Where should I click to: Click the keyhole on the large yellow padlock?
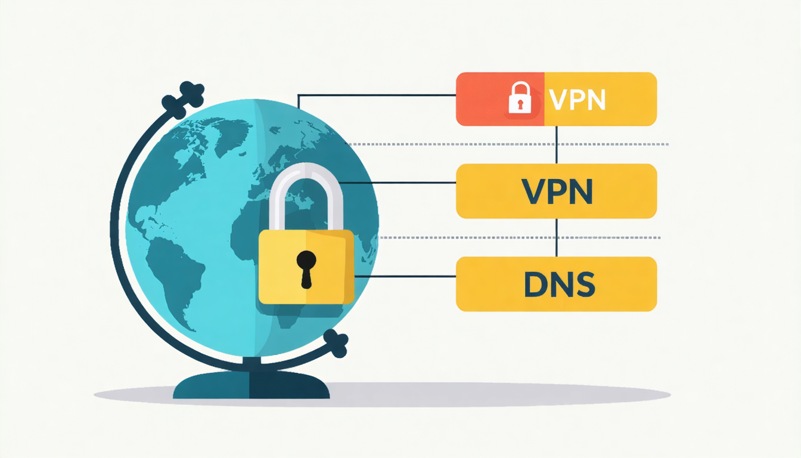pyautogui.click(x=306, y=269)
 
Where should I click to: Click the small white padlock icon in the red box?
pyautogui.click(x=520, y=98)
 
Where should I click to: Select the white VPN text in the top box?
pyautogui.click(x=578, y=100)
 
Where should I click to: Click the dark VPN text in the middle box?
pyautogui.click(x=557, y=191)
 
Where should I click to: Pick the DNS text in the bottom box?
pyautogui.click(x=560, y=284)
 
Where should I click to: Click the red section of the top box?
pyautogui.click(x=500, y=99)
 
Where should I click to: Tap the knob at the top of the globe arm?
pyautogui.click(x=183, y=100)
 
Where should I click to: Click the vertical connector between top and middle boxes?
pyautogui.click(x=557, y=145)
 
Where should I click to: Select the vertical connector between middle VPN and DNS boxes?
pyautogui.click(x=557, y=237)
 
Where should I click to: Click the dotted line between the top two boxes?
pyautogui.click(x=507, y=144)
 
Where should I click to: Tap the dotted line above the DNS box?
pyautogui.click(x=520, y=237)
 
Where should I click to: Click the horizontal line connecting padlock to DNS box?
pyautogui.click(x=405, y=276)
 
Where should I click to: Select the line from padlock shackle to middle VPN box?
pyautogui.click(x=398, y=182)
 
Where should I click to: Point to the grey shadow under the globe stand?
pyautogui.click(x=382, y=395)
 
